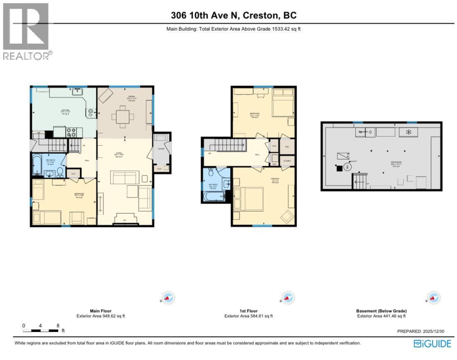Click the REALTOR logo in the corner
coord(26,31)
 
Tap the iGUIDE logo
coord(432,343)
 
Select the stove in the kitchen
coord(71,132)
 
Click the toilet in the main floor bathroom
coord(60,171)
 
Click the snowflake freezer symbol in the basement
coord(408,132)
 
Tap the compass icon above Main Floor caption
coord(168,298)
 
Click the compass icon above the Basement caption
coord(433,298)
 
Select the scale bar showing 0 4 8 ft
coord(41,330)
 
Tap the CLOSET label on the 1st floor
coord(287,160)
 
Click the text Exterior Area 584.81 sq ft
coord(248,316)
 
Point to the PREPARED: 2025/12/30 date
coord(415,331)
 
